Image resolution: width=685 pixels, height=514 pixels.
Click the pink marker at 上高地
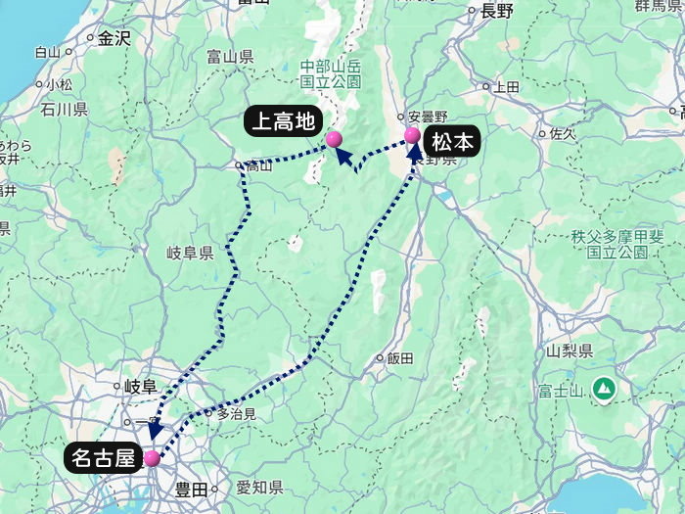tap(334, 139)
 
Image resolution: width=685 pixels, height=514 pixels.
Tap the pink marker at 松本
tap(412, 136)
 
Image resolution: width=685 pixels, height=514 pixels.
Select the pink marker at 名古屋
tap(152, 457)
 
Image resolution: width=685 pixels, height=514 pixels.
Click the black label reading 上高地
tap(284, 122)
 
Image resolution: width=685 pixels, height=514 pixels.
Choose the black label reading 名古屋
tap(103, 457)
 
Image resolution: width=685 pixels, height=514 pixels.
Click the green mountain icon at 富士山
tap(605, 389)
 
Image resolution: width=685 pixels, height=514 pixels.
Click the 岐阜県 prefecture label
tap(190, 253)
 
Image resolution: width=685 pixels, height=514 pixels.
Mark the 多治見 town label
tap(236, 414)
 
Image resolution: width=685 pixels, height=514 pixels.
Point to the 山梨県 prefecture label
tap(571, 350)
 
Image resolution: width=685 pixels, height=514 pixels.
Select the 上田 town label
tap(506, 86)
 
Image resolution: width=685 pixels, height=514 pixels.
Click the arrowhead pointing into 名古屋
tap(155, 432)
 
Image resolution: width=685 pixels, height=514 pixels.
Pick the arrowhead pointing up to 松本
tap(415, 152)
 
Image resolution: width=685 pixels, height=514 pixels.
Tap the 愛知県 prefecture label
tap(259, 488)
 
